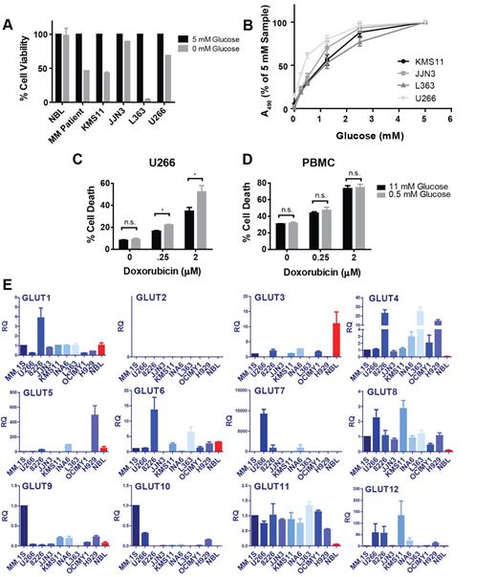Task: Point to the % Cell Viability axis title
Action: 12,66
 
